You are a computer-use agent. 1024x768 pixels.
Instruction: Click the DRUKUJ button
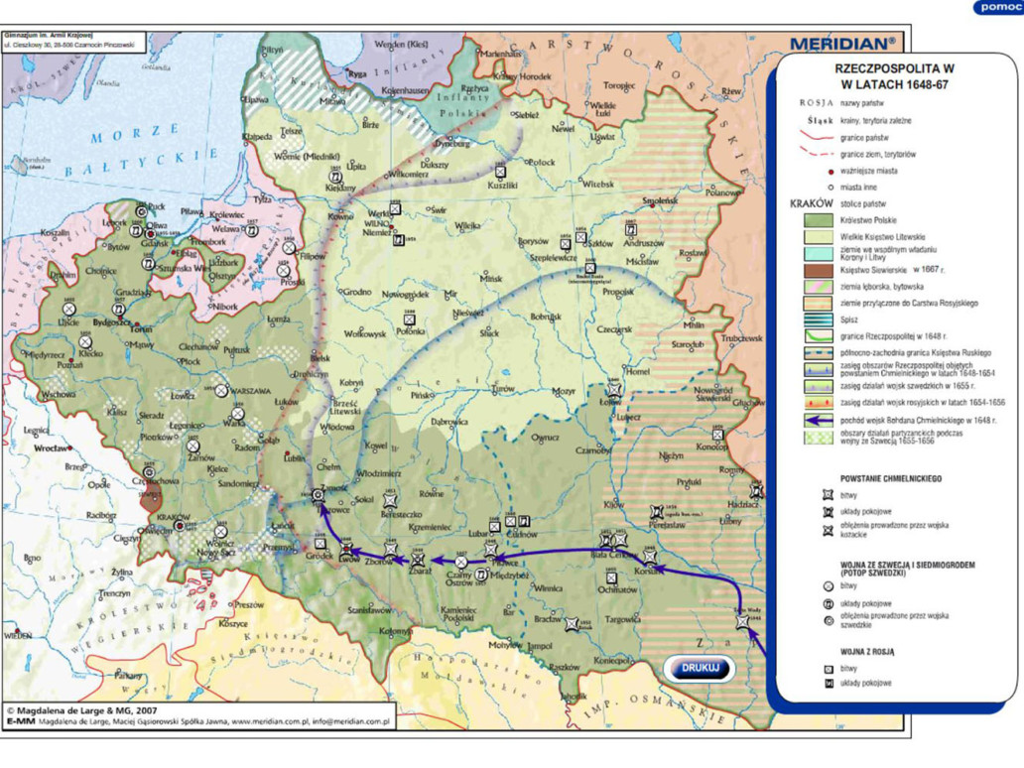701,668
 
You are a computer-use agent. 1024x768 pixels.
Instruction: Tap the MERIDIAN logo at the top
842,44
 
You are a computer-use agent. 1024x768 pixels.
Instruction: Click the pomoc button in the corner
998,7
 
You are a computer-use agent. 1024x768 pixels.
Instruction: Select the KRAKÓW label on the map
173,517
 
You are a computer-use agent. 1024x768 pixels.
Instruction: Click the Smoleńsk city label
659,201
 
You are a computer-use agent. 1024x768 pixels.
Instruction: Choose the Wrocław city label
47,448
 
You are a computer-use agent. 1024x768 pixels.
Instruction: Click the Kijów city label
614,504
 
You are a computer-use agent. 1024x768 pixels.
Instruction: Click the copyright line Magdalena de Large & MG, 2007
82,711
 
